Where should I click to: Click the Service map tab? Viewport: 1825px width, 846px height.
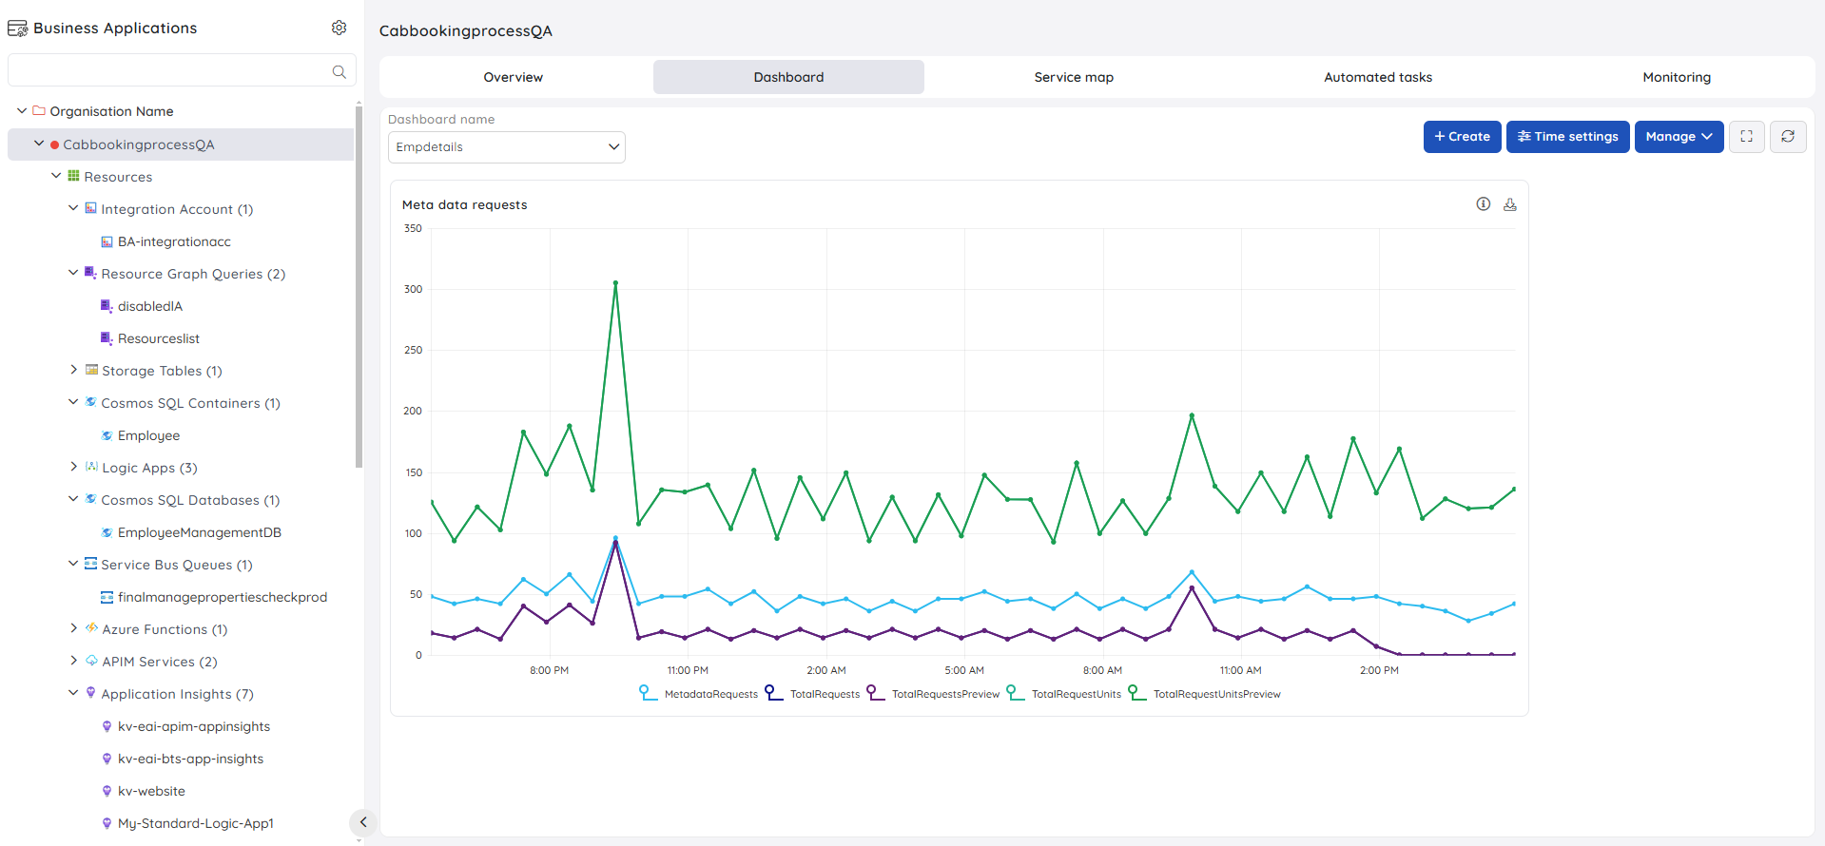pyautogui.click(x=1074, y=77)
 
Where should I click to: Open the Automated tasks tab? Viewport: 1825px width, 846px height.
pyautogui.click(x=1378, y=77)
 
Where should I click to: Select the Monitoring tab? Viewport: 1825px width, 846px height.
pyautogui.click(x=1677, y=77)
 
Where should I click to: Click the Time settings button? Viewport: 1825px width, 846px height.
pyautogui.click(x=1568, y=137)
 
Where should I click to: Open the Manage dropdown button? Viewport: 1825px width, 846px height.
pyautogui.click(x=1679, y=137)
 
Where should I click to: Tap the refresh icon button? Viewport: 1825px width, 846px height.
pyautogui.click(x=1788, y=137)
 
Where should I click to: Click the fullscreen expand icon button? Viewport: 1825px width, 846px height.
pyautogui.click(x=1747, y=137)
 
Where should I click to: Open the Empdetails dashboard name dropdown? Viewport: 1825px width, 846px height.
pyautogui.click(x=507, y=147)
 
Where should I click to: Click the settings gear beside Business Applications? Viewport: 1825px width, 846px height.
pyautogui.click(x=340, y=28)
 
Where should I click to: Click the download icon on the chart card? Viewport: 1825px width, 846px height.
pyautogui.click(x=1510, y=204)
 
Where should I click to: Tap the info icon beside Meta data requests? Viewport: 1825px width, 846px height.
pyautogui.click(x=1484, y=203)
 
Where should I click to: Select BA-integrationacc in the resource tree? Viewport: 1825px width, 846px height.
pyautogui.click(x=174, y=241)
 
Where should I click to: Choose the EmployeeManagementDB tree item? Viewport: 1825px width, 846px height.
pyautogui.click(x=200, y=532)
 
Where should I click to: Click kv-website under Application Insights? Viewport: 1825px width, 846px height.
pyautogui.click(x=151, y=791)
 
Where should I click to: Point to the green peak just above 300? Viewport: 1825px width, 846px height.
pyautogui.click(x=615, y=283)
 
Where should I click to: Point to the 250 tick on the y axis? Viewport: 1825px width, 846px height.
pyautogui.click(x=413, y=350)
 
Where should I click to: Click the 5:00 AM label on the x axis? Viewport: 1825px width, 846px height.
pyautogui.click(x=964, y=670)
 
